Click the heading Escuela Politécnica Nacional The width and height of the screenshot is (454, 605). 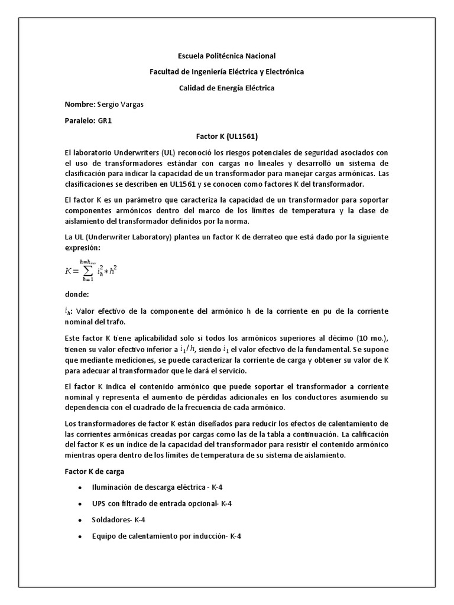pos(227,56)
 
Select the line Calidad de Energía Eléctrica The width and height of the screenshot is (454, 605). pos(227,88)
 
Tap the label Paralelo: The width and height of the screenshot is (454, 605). pos(80,120)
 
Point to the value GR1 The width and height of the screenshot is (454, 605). pos(105,120)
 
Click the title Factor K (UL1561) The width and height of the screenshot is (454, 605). pos(227,136)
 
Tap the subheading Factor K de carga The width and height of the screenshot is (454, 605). pos(92,472)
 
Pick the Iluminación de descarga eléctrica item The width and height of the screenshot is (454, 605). pos(157,487)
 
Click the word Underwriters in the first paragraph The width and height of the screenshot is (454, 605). pos(132,152)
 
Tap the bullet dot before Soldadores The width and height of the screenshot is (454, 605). pos(80,521)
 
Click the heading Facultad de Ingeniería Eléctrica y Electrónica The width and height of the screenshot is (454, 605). pos(227,72)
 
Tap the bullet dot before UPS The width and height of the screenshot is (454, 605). pos(80,504)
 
